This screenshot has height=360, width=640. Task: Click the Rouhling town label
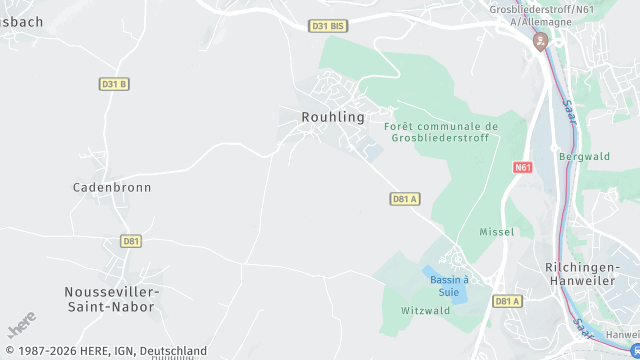pos(333,117)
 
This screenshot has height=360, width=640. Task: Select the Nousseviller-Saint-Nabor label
pos(111,298)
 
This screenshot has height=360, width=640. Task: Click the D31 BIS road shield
pos(326,25)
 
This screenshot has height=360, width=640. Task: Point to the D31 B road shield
pos(114,84)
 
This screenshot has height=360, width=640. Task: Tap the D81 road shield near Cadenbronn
pos(131,241)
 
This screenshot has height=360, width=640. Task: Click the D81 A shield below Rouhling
pos(404,199)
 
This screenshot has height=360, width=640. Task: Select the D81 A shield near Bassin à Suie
pos(508,301)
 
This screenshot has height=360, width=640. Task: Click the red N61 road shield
pos(523,167)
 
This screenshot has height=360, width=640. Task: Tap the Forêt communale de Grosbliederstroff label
pos(441,132)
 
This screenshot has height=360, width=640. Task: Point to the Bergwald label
pos(584,157)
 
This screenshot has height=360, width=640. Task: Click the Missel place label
pos(497,232)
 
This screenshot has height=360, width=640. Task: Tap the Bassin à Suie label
pos(450,286)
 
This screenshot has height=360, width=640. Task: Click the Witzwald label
pos(427,311)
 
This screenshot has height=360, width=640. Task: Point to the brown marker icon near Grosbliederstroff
pos(541,41)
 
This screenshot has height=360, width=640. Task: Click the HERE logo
pos(22,325)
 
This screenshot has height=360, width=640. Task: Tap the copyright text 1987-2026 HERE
pos(104,351)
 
